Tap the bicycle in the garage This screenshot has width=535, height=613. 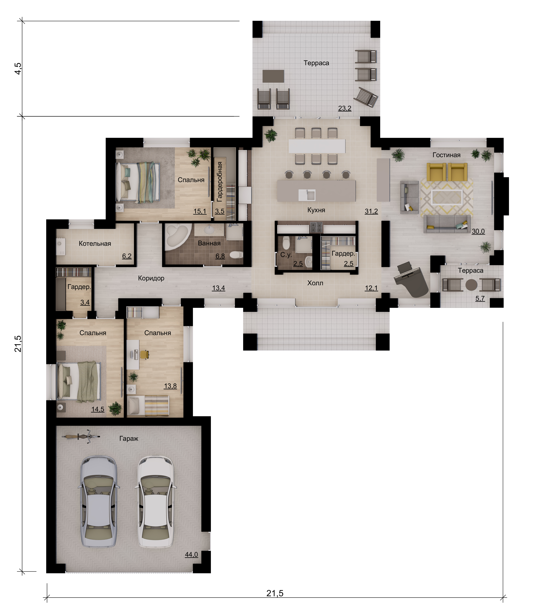[81, 436]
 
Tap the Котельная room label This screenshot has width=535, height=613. [95, 244]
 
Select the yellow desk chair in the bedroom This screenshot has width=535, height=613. [144, 354]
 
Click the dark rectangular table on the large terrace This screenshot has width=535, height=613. [273, 76]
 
